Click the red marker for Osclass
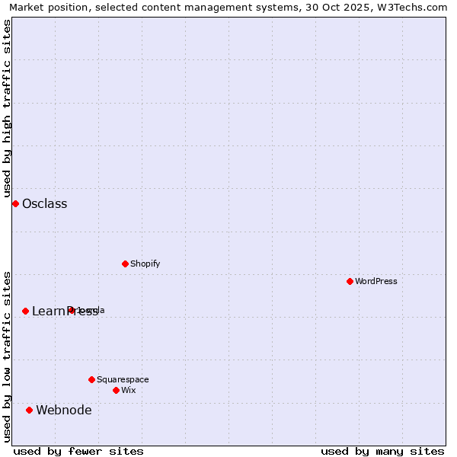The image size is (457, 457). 15,203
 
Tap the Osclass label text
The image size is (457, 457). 44,203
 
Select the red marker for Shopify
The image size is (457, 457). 125,264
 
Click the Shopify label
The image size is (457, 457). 145,264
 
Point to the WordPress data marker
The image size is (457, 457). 350,281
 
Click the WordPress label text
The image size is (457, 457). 376,281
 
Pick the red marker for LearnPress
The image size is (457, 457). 25,311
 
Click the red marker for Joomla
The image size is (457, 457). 71,310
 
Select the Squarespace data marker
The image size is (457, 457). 91,379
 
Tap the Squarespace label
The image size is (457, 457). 123,379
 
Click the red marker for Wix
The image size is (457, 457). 116,390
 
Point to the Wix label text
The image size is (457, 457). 128,390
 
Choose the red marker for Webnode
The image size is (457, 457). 29,410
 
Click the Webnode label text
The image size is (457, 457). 63,410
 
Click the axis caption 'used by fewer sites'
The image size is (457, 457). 78,451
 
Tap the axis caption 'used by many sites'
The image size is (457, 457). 382,451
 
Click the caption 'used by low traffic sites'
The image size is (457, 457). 8,356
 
